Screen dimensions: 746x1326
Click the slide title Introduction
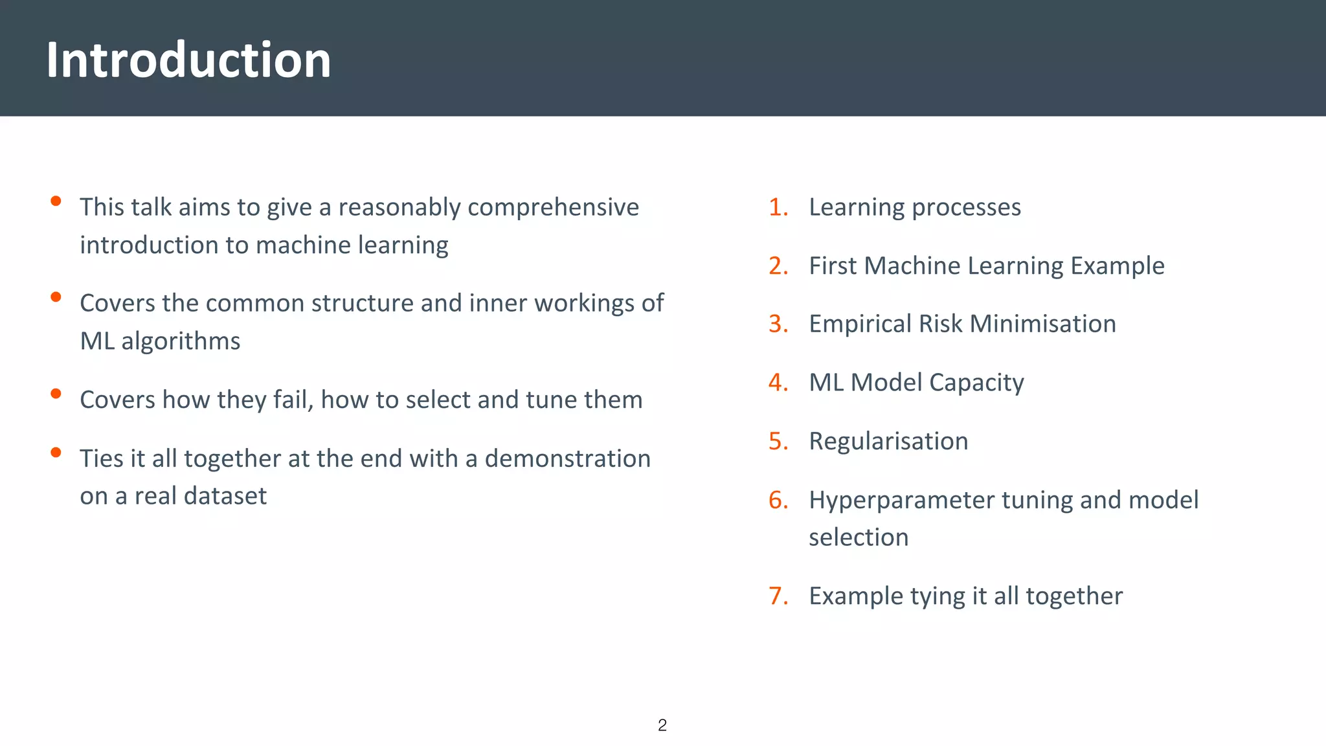click(188, 60)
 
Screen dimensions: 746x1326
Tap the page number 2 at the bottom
click(662, 725)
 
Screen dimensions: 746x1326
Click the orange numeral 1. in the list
click(778, 207)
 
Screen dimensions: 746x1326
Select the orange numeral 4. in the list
click(778, 383)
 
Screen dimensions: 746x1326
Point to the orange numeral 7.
click(778, 596)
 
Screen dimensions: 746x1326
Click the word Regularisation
click(888, 441)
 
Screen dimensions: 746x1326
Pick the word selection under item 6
click(859, 537)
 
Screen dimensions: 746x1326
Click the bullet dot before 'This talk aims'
click(56, 201)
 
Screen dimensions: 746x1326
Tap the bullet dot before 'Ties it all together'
click(56, 453)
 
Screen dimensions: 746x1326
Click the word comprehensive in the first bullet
click(553, 207)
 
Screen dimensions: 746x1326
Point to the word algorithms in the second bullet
click(181, 341)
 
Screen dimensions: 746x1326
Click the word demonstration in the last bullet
click(567, 458)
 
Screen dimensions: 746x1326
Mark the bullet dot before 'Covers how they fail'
click(56, 394)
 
